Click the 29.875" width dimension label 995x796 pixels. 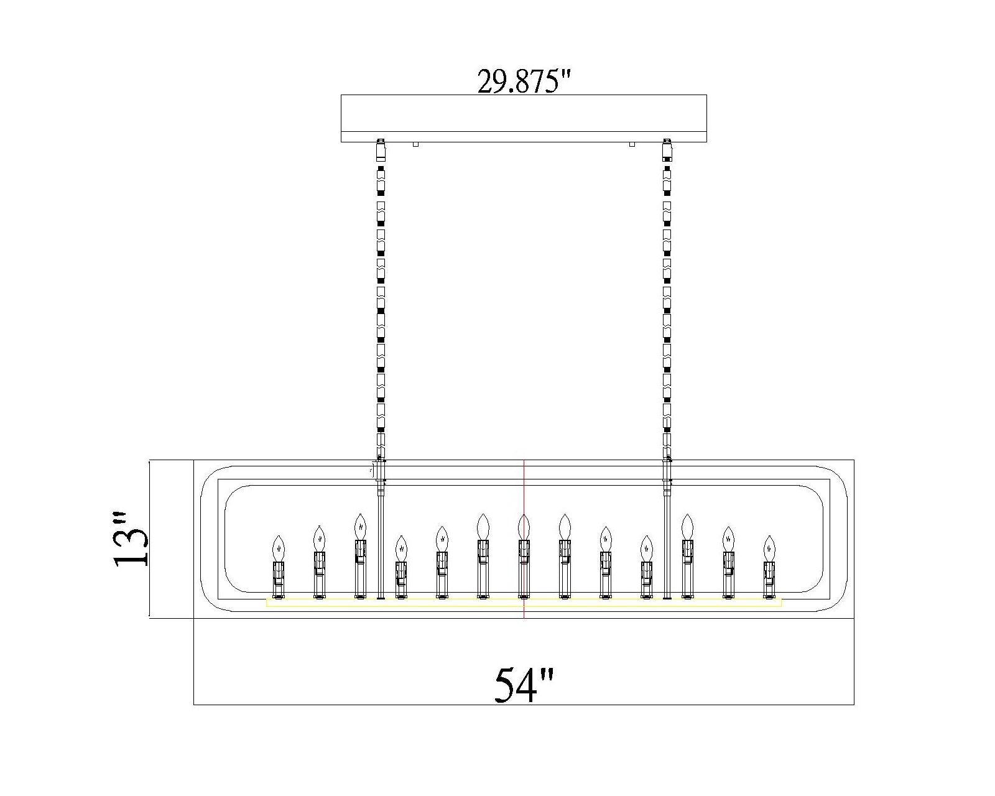(524, 81)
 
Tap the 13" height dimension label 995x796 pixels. (131, 539)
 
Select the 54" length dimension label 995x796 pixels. (524, 685)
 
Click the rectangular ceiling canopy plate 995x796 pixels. (524, 118)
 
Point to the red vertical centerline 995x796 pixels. (524, 539)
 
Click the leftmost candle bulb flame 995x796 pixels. (279, 548)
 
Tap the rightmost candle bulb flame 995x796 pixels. (769, 548)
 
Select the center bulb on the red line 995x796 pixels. (524, 527)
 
